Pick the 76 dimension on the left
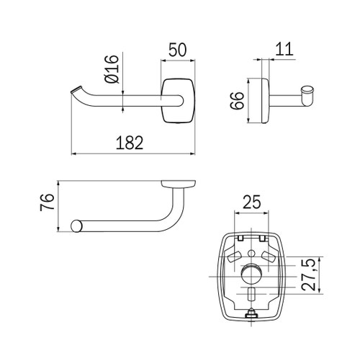click(45, 202)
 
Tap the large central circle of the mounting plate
click(251, 275)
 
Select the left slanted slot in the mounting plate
click(234, 256)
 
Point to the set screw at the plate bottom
click(251, 313)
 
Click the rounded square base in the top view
click(177, 101)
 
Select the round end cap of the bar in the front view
click(76, 226)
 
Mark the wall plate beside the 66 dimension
click(261, 101)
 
